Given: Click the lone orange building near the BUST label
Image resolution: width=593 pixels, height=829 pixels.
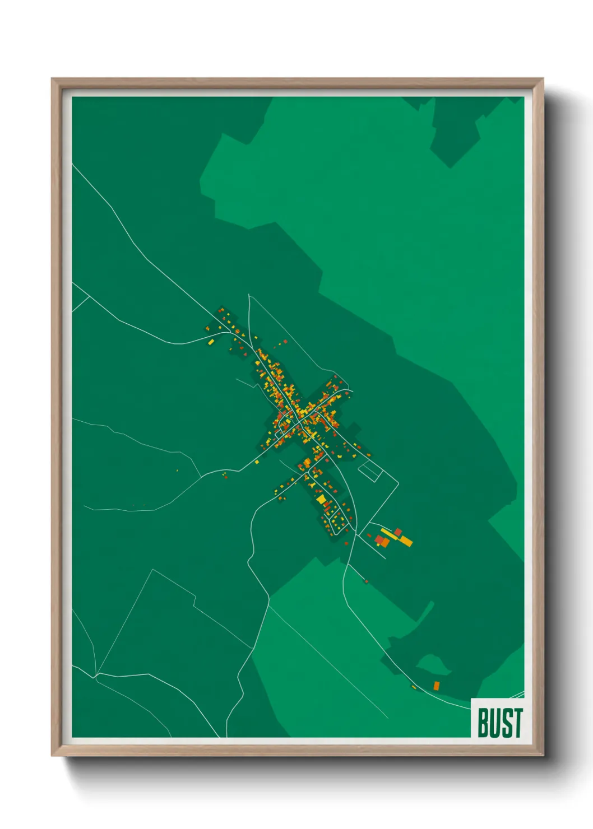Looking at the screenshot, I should coord(436,685).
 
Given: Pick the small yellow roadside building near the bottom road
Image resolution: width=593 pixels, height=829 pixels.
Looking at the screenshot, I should coord(414,687).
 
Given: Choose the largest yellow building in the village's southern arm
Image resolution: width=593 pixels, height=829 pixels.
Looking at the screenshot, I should coord(321,498).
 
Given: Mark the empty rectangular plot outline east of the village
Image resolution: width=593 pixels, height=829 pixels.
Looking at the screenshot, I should coord(369,471).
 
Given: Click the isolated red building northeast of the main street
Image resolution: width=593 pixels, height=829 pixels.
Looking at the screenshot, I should coord(285,341).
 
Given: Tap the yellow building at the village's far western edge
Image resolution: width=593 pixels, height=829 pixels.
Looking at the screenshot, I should coord(211,342).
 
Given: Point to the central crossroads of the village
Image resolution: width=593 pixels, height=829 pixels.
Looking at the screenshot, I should coord(300,420).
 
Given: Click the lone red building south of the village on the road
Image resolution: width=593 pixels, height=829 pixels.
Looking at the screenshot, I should coord(366,581).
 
